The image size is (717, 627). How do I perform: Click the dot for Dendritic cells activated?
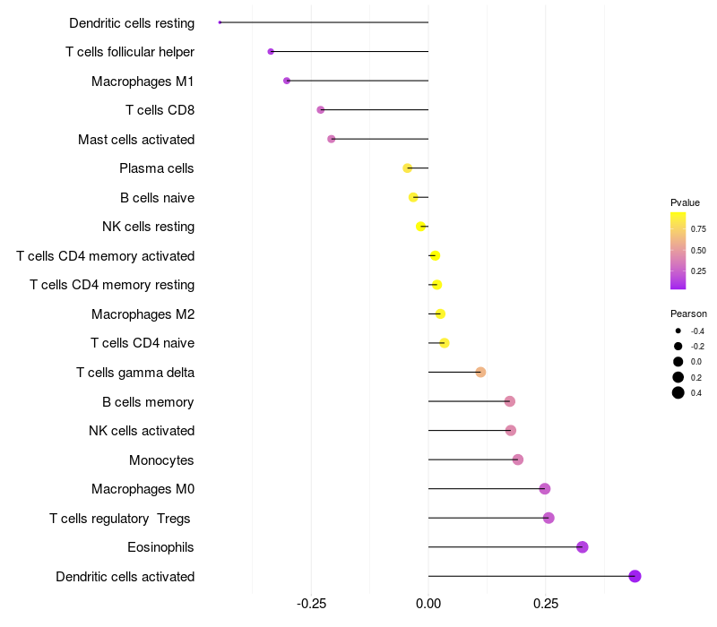[635, 576]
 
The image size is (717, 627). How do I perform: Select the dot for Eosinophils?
[583, 547]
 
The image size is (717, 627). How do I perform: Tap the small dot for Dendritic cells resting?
[220, 22]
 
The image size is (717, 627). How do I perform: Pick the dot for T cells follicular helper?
[271, 52]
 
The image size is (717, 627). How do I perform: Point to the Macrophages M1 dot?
[287, 81]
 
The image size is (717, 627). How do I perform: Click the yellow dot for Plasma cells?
[408, 168]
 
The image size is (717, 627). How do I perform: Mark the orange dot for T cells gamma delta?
[480, 372]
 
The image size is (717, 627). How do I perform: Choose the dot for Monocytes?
[518, 460]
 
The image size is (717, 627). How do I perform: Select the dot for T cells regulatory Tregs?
[549, 518]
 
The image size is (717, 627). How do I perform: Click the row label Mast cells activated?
[136, 140]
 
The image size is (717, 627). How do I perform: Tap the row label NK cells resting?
[148, 227]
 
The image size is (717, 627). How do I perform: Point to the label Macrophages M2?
[143, 314]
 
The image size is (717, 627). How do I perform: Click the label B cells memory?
[148, 402]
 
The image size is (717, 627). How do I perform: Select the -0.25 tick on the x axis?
[311, 605]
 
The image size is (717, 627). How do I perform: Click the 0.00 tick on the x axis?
[428, 605]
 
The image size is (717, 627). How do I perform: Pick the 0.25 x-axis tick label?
[546, 605]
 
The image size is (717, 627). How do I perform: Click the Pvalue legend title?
[685, 202]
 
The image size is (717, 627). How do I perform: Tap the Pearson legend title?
[688, 313]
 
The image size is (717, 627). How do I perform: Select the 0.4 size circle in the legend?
[678, 392]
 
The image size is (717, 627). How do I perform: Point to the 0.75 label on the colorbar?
[698, 228]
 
